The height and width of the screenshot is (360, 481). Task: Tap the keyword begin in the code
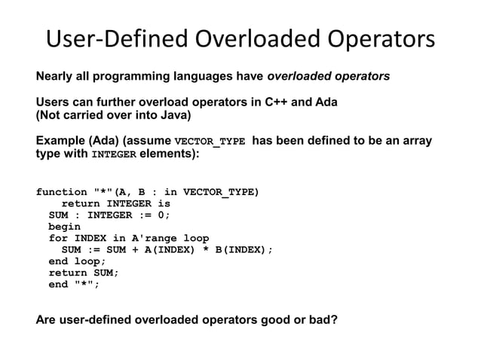tap(64, 226)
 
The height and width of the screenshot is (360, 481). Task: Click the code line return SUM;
tap(83, 273)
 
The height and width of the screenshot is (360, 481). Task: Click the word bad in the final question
tap(320, 319)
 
